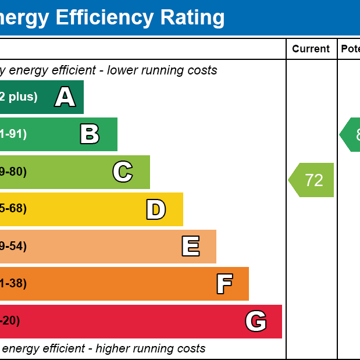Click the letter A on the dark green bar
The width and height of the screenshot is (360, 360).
click(x=65, y=97)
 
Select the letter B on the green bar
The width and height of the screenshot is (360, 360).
click(x=90, y=134)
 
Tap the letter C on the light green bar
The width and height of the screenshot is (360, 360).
click(x=123, y=172)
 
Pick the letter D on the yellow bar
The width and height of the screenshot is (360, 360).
click(x=155, y=209)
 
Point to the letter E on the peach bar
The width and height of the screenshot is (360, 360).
click(x=190, y=247)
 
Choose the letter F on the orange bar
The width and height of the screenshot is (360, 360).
click(x=224, y=284)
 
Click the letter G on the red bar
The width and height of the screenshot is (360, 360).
click(x=256, y=321)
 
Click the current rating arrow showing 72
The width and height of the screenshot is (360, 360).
click(x=312, y=180)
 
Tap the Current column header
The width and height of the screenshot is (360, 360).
click(x=311, y=49)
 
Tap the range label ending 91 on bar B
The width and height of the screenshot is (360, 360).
click(x=13, y=134)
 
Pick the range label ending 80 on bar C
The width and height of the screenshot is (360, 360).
click(x=13, y=172)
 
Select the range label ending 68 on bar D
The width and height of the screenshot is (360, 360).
click(x=13, y=209)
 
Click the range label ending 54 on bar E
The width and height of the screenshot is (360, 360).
click(x=13, y=247)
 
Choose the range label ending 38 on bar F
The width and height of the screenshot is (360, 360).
click(x=13, y=284)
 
